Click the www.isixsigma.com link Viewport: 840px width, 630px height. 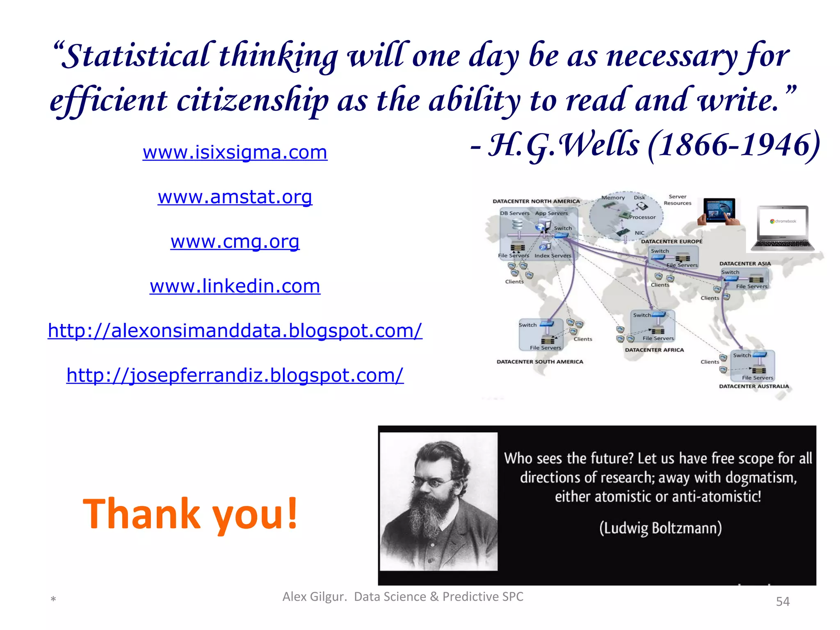(235, 152)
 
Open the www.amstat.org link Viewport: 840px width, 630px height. (235, 197)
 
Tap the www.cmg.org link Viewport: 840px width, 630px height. (235, 242)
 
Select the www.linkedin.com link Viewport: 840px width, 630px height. (235, 286)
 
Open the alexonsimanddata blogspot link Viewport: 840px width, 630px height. (235, 331)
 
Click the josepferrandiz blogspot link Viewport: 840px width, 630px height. (235, 375)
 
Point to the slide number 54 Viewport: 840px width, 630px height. (783, 601)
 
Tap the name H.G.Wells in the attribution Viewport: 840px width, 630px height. (564, 145)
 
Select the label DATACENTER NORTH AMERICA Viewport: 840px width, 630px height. (536, 201)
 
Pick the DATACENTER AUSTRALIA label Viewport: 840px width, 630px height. (754, 386)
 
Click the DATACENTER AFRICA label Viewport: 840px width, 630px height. (654, 350)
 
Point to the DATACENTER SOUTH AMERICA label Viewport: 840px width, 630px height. (540, 362)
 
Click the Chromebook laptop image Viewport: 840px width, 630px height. (783, 228)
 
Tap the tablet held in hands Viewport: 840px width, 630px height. (719, 211)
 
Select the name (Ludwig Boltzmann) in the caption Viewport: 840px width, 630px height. (660, 528)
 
